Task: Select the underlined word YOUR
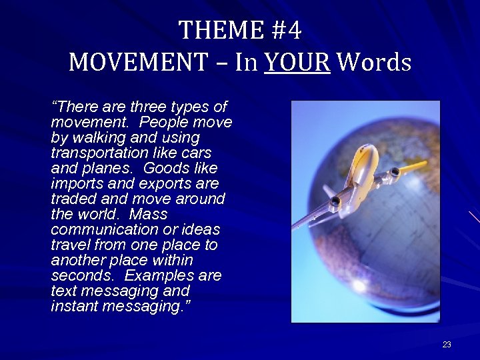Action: point(297,62)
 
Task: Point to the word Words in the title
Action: point(374,62)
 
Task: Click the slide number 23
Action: point(447,345)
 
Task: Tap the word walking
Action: point(101,137)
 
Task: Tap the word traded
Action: point(73,199)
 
